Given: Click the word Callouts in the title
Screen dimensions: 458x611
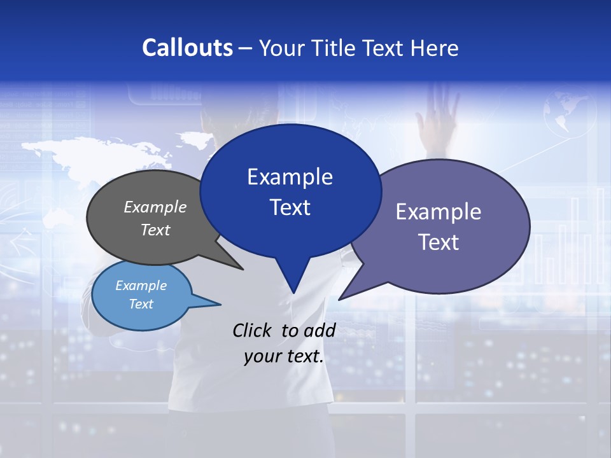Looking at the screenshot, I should (188, 48).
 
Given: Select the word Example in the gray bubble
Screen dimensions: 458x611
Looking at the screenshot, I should (155, 207).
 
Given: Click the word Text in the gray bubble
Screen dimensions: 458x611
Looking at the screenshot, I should (155, 230).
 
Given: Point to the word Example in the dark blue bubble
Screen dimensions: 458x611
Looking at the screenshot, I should (290, 176).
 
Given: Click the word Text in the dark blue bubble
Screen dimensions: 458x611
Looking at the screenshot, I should (290, 207).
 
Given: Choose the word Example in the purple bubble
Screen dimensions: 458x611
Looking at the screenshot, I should (439, 211).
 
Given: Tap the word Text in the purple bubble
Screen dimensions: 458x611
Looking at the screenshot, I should (439, 242).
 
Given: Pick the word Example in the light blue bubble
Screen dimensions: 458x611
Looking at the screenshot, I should (141, 286).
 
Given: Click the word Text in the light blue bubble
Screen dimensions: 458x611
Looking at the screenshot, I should (141, 303).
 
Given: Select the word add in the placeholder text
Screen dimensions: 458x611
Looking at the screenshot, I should (320, 330).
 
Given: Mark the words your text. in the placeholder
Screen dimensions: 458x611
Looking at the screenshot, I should (284, 356).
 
